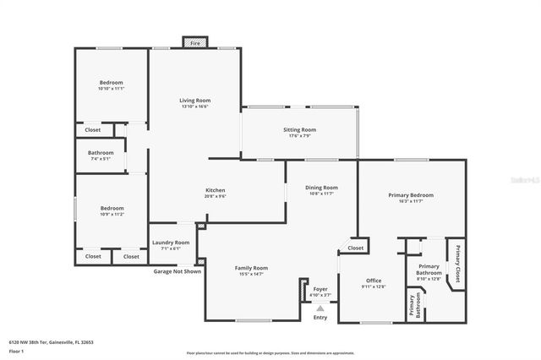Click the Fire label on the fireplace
coord(194,42)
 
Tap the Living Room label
coord(194,100)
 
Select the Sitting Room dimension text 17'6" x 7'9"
coord(299,136)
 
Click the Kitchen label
coord(215,190)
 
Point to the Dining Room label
coord(321,188)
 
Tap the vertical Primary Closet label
coord(457,262)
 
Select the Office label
coord(374,280)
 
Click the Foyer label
coord(320,289)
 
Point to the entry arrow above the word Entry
coord(320,308)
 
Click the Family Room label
coord(251,268)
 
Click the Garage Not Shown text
coord(178,271)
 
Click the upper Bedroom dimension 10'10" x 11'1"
coord(111,89)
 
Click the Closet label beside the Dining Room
coord(356,248)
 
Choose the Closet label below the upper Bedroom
coord(93,130)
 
